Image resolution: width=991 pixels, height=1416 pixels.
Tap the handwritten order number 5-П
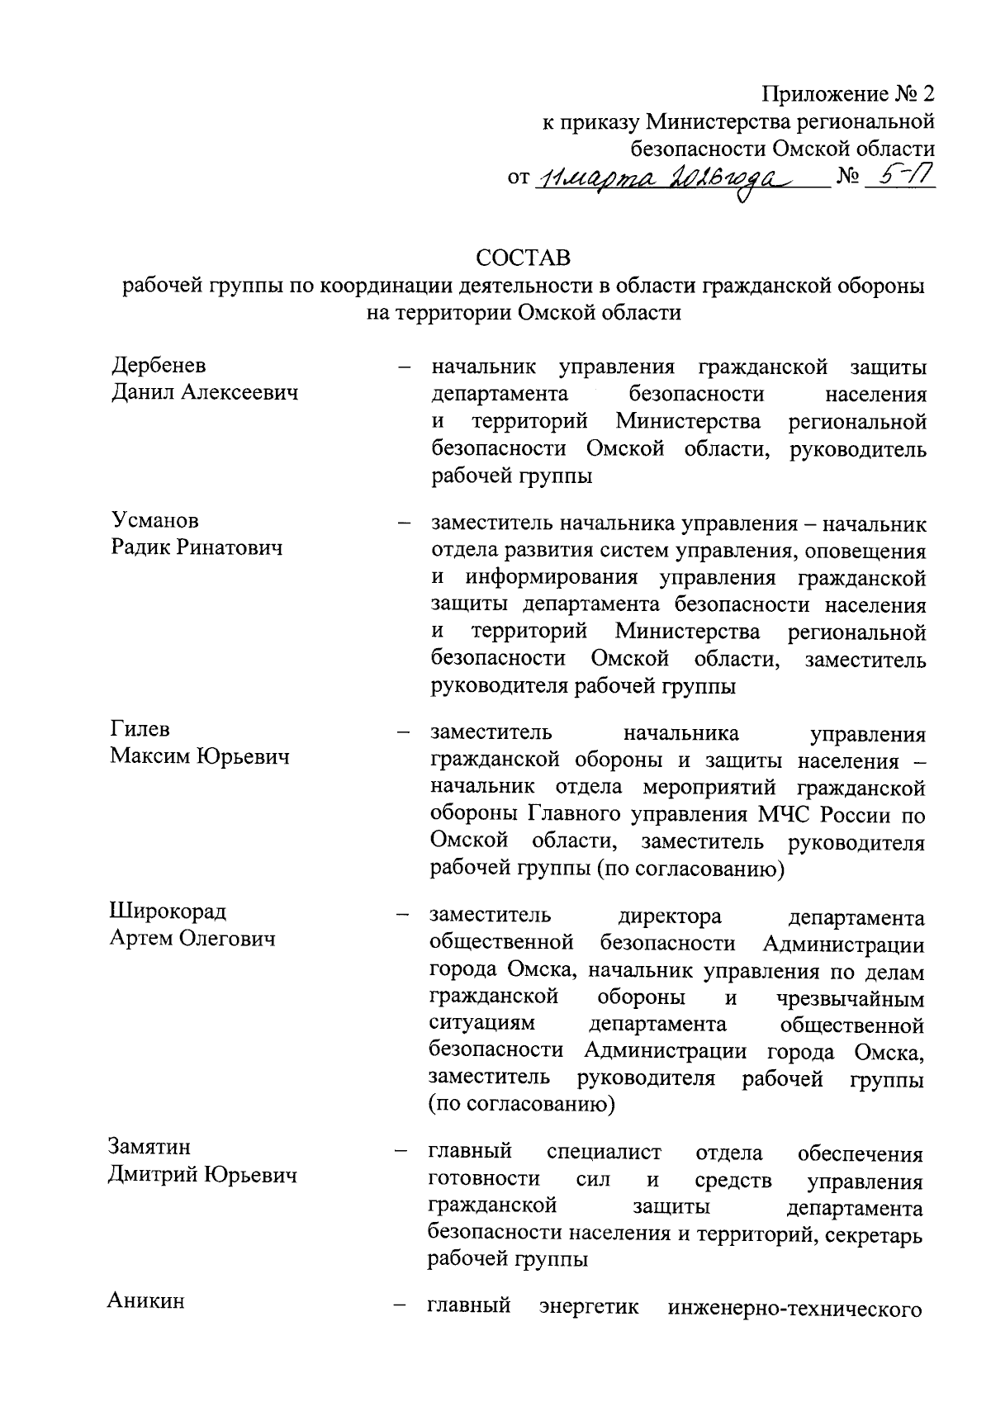[900, 178]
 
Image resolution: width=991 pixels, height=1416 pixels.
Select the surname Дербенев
[159, 366]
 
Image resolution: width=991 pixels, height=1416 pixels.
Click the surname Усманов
[155, 520]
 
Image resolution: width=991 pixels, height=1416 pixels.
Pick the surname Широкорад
[168, 912]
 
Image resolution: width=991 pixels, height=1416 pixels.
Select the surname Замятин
[149, 1147]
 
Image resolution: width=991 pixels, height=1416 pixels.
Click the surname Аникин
[146, 1301]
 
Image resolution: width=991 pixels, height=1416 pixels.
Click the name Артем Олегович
[192, 939]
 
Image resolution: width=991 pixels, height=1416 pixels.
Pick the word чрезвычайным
[851, 999]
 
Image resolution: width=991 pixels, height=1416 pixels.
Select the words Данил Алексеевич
[205, 393]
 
